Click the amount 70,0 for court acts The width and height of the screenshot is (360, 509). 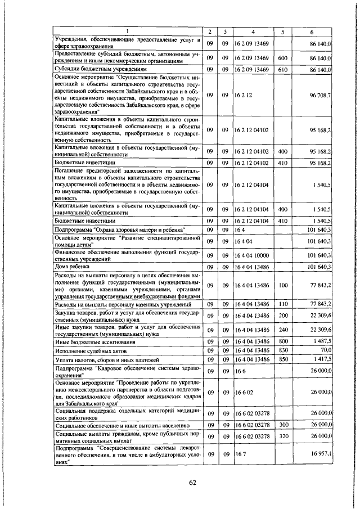325,350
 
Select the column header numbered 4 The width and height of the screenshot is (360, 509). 253,30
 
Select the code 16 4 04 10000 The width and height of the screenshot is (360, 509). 253,256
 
